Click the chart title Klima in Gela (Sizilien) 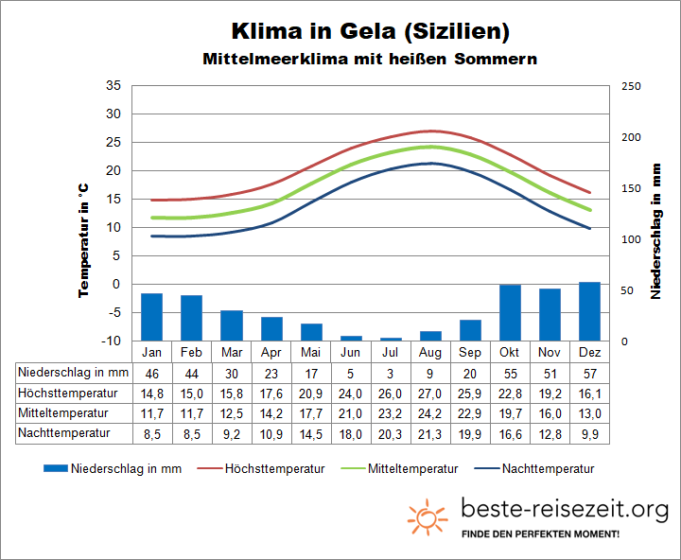pos(370,30)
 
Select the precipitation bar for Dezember pos(589,311)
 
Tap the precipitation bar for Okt pos(510,312)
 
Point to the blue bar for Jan pos(151,317)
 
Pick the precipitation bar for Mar pos(232,325)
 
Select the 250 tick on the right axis pos(631,86)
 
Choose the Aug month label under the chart pos(430,352)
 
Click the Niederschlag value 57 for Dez pos(589,373)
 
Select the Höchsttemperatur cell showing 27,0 pos(430,393)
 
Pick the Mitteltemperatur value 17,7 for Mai pos(311,413)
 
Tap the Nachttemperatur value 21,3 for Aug pos(430,433)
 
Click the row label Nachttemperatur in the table pos(63,433)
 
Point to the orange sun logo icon pos(428,516)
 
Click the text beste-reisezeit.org pos(565,510)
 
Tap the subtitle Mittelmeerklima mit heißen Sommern pos(370,59)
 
